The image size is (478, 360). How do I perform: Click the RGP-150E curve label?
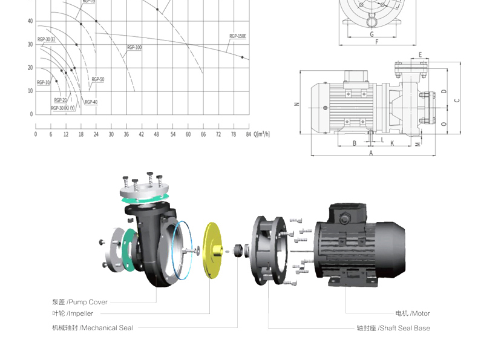(x=238, y=36)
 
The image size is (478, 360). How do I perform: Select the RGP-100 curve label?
(x=134, y=48)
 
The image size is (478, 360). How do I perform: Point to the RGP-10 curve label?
(x=44, y=83)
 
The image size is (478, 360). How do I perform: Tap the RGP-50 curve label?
(x=98, y=79)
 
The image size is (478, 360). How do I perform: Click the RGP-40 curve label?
(x=91, y=102)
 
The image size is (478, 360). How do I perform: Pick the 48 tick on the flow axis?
(x=157, y=134)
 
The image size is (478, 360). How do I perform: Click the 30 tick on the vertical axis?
(x=30, y=45)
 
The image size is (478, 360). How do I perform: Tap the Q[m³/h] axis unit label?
(x=262, y=134)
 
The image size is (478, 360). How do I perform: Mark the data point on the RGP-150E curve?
(x=243, y=57)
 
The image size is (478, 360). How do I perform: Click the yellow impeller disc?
(x=212, y=250)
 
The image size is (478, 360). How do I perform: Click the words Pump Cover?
(x=88, y=303)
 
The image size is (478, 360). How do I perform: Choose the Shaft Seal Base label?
(x=405, y=329)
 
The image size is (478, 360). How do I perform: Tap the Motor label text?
(x=421, y=313)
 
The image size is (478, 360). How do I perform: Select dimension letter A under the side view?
(x=371, y=153)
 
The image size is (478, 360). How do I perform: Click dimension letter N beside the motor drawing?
(x=297, y=104)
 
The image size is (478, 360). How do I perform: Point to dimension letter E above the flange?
(x=420, y=55)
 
